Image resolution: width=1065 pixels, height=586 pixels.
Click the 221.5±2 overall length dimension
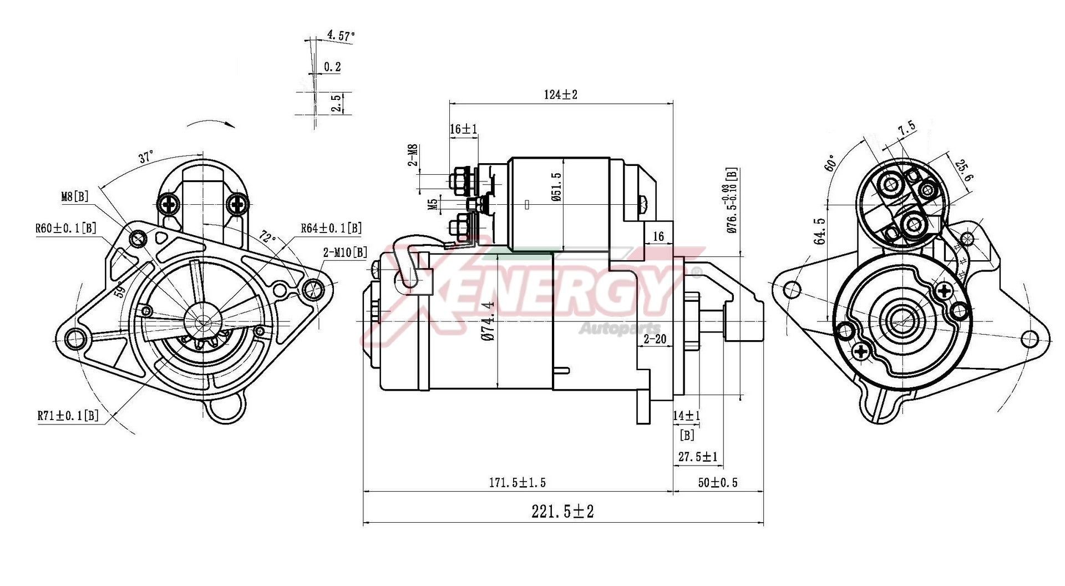point(562,511)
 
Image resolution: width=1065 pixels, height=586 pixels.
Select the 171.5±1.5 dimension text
point(517,483)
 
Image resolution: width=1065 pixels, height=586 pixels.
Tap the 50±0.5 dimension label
point(718,483)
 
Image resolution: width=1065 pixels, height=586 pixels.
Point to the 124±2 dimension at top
point(560,95)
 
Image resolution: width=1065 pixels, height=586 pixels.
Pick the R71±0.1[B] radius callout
point(68,415)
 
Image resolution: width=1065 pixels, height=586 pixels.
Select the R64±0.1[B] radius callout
point(331,228)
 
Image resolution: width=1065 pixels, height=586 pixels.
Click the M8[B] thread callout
point(74,196)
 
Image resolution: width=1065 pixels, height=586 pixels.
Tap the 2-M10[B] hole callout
point(345,253)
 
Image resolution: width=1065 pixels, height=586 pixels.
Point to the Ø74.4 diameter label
point(488,321)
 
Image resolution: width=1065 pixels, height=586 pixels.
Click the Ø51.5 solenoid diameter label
point(556,186)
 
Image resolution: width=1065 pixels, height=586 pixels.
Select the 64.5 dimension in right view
point(820,230)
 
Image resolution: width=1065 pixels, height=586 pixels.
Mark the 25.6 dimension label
point(964,171)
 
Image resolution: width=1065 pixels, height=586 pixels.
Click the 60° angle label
point(830,163)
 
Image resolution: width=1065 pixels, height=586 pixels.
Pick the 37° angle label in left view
point(146,157)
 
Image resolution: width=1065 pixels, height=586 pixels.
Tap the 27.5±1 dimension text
point(698,457)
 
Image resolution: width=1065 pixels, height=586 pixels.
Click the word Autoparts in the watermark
point(620,329)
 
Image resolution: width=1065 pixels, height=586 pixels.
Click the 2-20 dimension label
point(655,339)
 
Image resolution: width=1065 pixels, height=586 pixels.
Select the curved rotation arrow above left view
point(210,123)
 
